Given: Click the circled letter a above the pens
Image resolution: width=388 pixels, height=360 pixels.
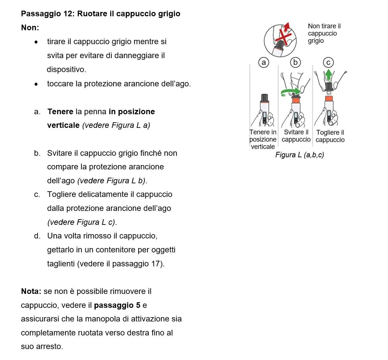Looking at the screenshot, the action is click(x=264, y=62).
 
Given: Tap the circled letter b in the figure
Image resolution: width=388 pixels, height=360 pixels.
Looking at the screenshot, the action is click(x=295, y=62).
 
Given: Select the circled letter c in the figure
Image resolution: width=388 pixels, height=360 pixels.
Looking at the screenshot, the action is click(x=328, y=62).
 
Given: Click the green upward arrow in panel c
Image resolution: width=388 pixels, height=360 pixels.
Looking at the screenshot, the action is click(x=328, y=75).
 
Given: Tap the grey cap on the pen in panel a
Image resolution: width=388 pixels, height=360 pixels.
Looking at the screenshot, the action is click(x=264, y=98).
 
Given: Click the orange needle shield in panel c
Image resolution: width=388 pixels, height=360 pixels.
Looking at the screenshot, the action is click(x=329, y=99).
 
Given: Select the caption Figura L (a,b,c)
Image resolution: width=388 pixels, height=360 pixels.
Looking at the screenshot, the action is click(x=300, y=155).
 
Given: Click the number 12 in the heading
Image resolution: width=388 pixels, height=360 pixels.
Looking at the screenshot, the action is click(x=68, y=14).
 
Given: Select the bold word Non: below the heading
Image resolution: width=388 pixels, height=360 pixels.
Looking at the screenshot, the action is click(x=30, y=28).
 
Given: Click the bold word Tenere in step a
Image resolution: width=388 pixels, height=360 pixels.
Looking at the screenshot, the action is click(x=60, y=112).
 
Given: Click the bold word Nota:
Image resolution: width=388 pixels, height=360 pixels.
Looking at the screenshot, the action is click(x=31, y=291).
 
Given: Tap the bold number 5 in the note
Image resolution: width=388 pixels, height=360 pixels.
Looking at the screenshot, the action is click(x=138, y=305).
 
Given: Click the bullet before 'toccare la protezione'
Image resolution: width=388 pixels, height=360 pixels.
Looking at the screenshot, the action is click(x=37, y=84).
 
